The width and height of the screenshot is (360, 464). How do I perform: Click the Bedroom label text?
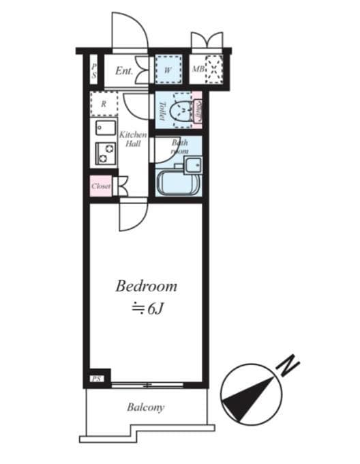click(146, 286)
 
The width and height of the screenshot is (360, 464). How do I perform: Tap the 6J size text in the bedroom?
click(149, 308)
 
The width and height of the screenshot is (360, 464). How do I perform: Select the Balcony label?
click(145, 408)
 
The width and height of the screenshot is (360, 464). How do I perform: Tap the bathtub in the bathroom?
click(177, 183)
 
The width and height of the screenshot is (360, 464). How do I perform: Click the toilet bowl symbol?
click(180, 111)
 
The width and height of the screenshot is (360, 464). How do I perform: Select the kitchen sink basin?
click(105, 128)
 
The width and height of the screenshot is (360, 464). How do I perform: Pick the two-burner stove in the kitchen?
click(105, 154)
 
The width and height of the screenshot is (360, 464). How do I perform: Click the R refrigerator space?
click(104, 105)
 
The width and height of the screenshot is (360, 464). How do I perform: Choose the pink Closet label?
click(101, 186)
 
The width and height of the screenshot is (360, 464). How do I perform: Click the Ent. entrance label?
click(123, 70)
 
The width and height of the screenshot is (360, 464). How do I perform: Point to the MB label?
click(197, 70)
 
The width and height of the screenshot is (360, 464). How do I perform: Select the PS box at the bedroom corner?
click(96, 378)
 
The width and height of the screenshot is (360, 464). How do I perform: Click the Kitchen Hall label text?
click(132, 139)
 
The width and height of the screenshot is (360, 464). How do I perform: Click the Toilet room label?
click(162, 111)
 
